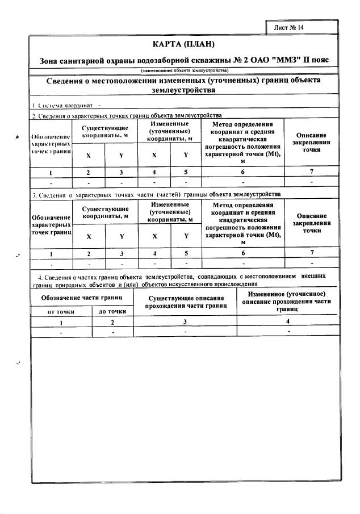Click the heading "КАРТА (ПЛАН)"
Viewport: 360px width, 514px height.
pos(185,44)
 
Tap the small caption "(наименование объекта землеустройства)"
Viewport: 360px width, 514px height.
pos(185,70)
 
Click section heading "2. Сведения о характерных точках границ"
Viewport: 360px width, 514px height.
pos(126,115)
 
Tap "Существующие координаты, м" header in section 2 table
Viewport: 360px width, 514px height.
pos(104,132)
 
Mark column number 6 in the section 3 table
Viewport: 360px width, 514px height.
pos(242,253)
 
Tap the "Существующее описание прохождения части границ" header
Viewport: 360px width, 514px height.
pos(185,302)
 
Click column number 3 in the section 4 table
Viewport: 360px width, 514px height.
pos(185,322)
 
